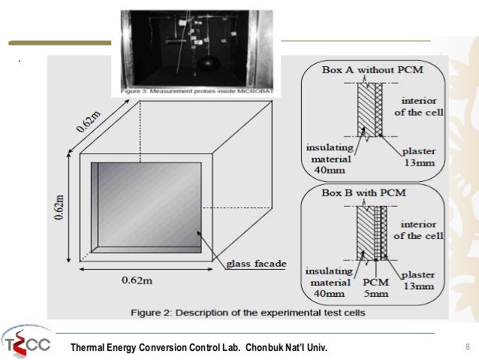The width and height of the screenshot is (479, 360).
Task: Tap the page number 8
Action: (467, 346)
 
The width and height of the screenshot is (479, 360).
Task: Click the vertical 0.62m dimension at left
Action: (60, 208)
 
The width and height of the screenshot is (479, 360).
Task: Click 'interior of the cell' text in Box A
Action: (419, 106)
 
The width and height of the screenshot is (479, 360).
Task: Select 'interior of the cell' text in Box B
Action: (419, 229)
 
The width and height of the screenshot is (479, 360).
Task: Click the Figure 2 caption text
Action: (249, 311)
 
